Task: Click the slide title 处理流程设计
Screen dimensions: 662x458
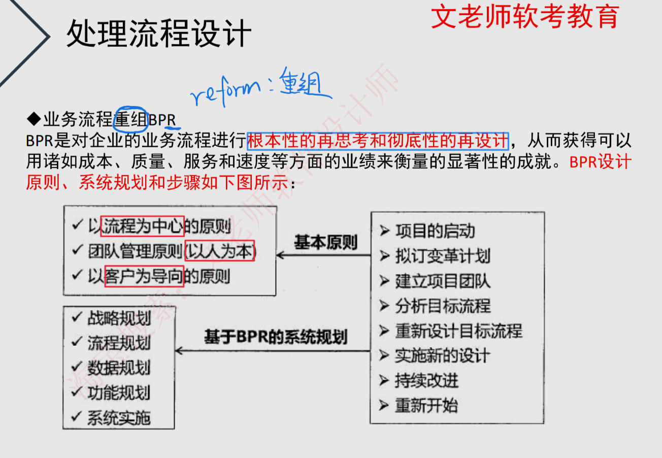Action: [x=158, y=34]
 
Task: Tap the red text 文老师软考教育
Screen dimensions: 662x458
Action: [x=525, y=16]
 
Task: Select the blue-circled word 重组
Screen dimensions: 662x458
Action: [x=130, y=120]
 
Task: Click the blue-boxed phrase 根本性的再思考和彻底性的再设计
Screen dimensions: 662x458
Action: [x=378, y=140]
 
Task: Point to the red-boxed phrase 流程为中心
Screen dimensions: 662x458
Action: [x=142, y=226]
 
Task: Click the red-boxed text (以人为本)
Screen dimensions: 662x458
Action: [x=220, y=251]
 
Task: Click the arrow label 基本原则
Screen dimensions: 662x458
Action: [x=325, y=242]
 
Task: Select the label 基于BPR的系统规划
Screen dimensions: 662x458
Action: [x=276, y=338]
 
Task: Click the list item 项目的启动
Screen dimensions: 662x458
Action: [x=435, y=232]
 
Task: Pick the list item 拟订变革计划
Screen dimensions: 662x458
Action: [x=442, y=256]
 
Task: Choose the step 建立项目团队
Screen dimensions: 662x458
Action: [x=442, y=281]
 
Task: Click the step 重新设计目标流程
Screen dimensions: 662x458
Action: [x=458, y=331]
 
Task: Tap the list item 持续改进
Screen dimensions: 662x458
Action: [x=426, y=380]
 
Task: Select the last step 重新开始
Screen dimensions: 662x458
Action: [x=426, y=406]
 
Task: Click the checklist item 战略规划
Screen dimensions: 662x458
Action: [x=119, y=318]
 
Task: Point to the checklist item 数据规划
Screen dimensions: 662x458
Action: [x=119, y=368]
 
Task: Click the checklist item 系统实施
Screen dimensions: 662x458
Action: [x=119, y=418]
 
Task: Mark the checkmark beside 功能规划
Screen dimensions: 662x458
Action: [x=77, y=391]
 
